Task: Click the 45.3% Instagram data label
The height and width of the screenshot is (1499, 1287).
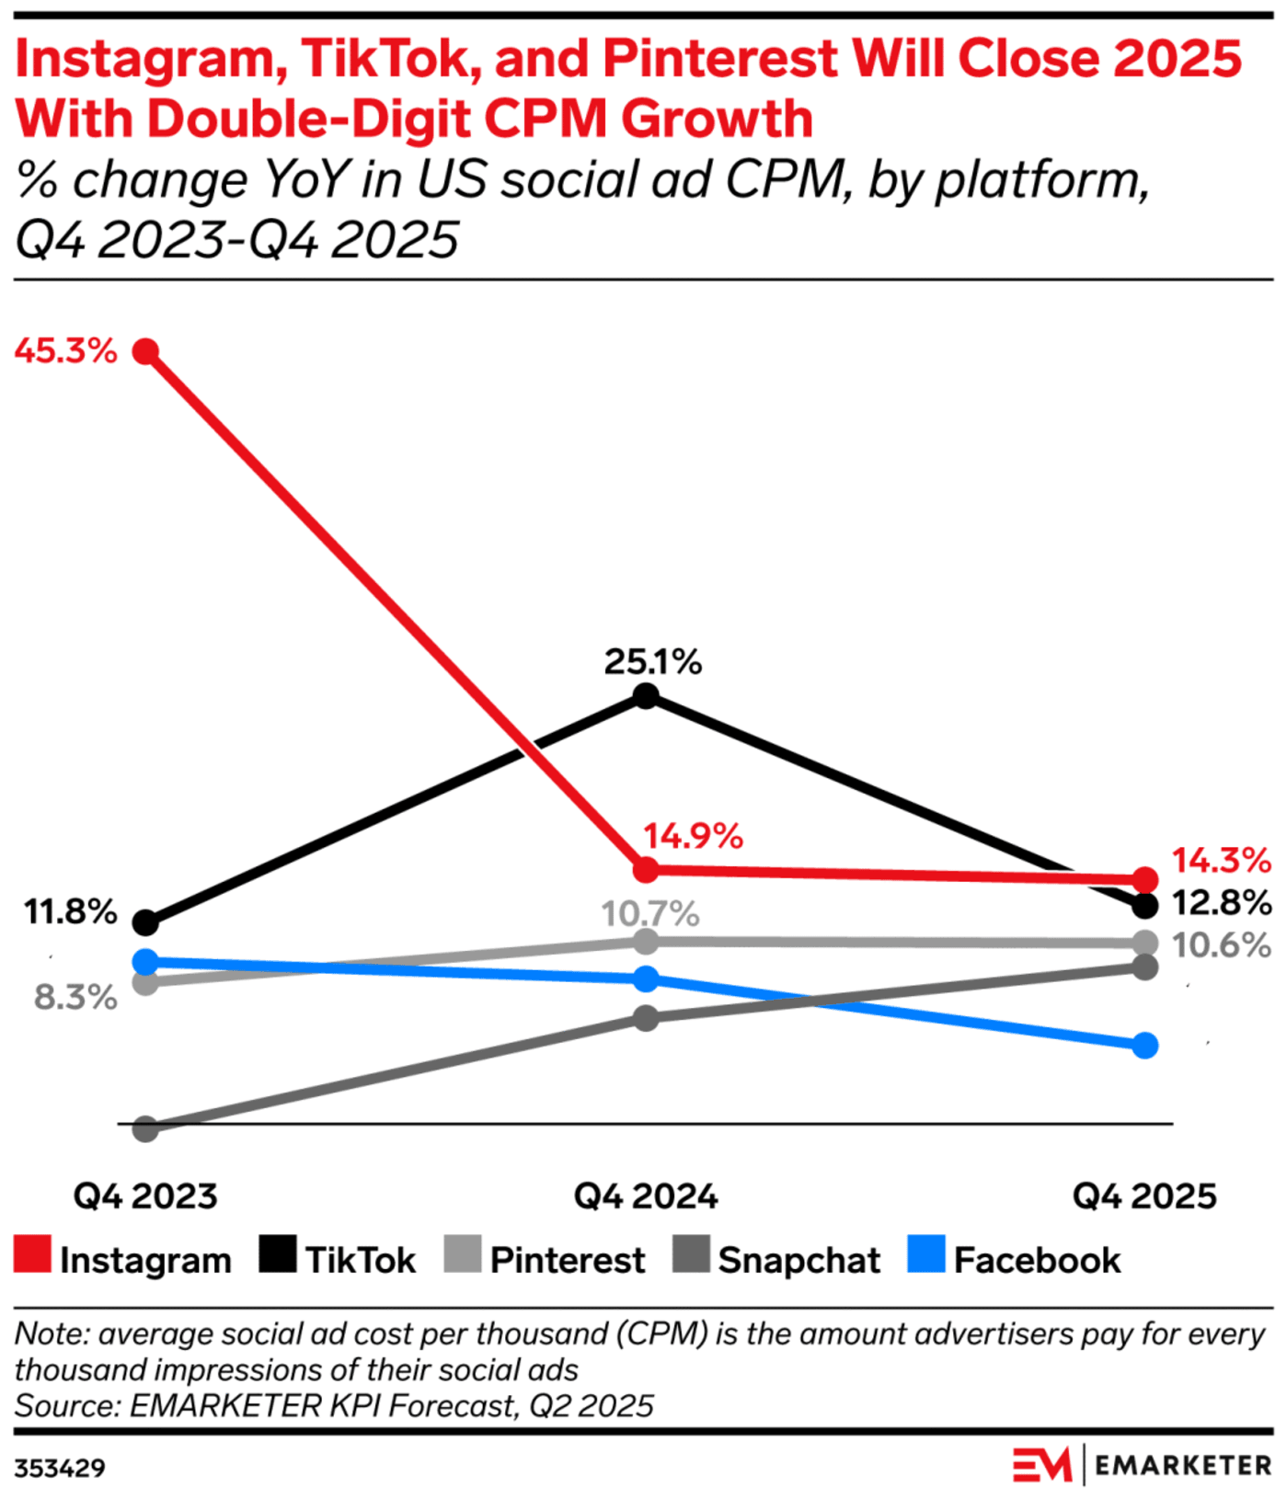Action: coord(66,350)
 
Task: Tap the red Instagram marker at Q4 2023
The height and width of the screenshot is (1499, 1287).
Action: coord(145,351)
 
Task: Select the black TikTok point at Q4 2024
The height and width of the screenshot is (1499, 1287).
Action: coord(647,696)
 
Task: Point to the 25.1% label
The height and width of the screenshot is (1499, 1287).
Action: coord(652,661)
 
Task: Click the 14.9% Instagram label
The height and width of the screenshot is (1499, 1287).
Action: coord(692,836)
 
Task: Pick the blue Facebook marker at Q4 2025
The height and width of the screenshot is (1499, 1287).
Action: coord(1144,1046)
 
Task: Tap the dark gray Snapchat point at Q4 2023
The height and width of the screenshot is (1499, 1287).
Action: coord(145,1128)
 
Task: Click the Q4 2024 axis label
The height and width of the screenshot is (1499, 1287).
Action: coord(646,1196)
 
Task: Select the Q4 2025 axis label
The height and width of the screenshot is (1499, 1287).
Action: coord(1144,1196)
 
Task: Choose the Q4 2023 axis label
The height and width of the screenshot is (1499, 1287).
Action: coord(145,1196)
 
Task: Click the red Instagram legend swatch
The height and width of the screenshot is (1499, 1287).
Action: coord(33,1254)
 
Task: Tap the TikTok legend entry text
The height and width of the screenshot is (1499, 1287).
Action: coord(361,1260)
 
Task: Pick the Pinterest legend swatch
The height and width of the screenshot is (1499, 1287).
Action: coord(462,1254)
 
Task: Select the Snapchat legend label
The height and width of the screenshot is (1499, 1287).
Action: coord(799,1260)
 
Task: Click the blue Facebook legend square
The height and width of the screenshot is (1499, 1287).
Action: coord(925,1254)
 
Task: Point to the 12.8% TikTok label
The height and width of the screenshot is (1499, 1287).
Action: coord(1221,903)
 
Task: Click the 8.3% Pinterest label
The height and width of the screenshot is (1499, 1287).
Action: coord(75,997)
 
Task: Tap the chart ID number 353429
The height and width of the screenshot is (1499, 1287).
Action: coord(60,1467)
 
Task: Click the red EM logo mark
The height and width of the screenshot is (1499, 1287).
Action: coord(1041,1465)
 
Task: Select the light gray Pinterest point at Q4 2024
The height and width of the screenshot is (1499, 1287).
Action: coord(647,941)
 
